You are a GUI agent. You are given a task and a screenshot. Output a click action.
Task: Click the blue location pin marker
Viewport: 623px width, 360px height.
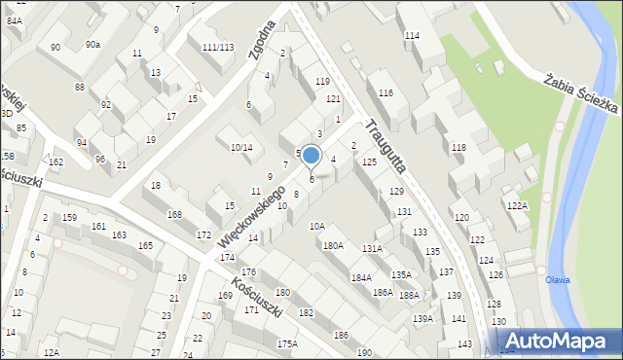point(311,156)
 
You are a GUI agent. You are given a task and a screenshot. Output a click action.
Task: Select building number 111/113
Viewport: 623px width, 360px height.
point(217,47)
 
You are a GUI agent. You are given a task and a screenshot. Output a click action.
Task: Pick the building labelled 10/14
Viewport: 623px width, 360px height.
point(241,148)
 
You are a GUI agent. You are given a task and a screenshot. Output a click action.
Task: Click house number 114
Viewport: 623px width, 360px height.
point(412,36)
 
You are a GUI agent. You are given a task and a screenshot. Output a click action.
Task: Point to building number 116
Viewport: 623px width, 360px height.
point(385,92)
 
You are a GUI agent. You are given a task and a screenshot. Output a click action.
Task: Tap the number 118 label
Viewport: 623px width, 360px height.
point(458,147)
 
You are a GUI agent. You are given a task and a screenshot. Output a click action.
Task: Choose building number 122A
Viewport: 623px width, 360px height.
point(517,206)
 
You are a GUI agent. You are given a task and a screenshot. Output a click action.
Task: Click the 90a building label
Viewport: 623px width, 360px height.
point(92,45)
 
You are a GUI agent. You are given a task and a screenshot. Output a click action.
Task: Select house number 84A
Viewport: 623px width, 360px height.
point(15,19)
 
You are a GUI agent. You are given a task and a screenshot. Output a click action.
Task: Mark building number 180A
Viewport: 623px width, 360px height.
point(333,246)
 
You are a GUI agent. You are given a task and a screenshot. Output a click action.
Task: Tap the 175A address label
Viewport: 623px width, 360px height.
point(286,343)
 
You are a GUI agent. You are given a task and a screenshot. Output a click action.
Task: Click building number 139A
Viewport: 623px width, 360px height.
point(422,319)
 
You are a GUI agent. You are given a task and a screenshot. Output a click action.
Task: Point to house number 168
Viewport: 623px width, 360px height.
point(174,214)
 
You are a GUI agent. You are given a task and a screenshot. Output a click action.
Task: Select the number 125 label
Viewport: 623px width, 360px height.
point(369,162)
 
